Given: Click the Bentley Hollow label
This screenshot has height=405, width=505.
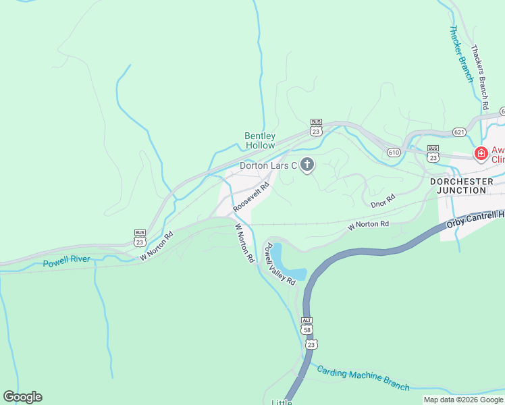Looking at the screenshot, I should [x=260, y=140].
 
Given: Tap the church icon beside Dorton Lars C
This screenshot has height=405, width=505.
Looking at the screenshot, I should [x=307, y=165].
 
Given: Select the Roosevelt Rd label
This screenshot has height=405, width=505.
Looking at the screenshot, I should [x=252, y=196].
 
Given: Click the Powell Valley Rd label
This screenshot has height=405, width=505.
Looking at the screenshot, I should [x=281, y=264].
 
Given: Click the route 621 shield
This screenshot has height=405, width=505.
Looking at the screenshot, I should [x=459, y=132].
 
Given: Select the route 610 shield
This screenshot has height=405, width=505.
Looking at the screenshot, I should [x=394, y=153].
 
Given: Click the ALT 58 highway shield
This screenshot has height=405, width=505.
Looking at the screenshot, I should [x=308, y=327].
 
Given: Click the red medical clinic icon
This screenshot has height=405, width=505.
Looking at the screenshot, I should [x=481, y=154].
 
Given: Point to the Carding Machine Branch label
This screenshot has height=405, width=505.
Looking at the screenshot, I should [x=363, y=379].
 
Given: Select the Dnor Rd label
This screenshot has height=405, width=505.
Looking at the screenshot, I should [x=382, y=200].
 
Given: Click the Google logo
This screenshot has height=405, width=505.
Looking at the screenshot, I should [x=22, y=397].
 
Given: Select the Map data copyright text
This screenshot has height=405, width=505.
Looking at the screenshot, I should [x=462, y=400].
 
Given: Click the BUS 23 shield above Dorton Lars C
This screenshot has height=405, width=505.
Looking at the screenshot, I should [x=316, y=128].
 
